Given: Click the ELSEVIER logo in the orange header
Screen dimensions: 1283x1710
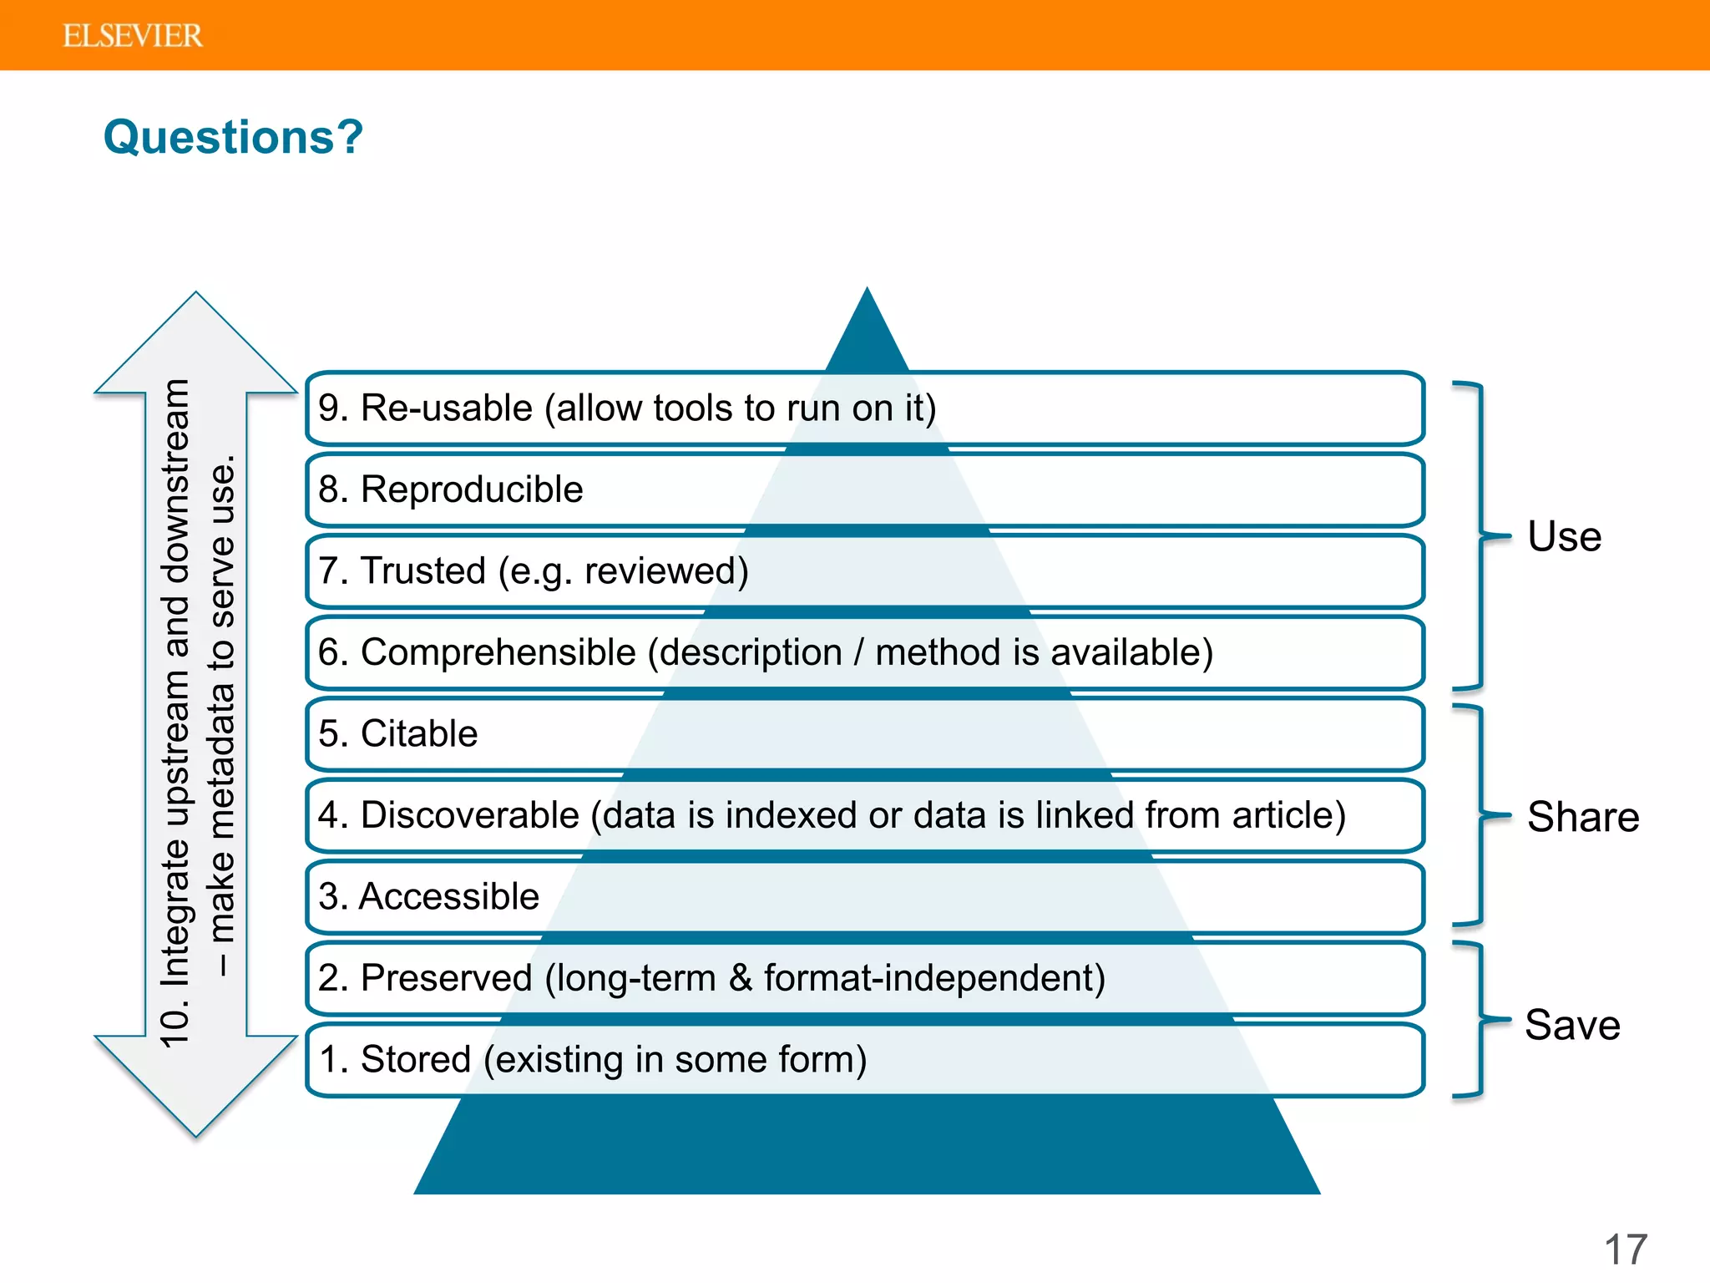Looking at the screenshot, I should point(132,36).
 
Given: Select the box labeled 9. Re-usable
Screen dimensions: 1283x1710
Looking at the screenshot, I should point(864,408).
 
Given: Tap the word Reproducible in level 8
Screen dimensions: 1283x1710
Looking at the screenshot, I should point(472,489).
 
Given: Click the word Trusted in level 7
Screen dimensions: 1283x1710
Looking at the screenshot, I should point(422,571).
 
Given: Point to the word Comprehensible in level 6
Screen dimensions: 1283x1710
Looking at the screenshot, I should point(498,652).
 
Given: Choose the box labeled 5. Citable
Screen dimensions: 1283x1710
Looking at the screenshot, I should point(864,734).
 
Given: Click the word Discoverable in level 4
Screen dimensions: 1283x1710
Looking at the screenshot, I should point(469,815).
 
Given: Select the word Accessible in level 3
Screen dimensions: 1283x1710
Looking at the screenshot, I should point(449,896).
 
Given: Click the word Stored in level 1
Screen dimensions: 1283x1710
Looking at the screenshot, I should point(416,1059).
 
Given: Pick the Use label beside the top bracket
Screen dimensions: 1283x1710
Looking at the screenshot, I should point(1564,536).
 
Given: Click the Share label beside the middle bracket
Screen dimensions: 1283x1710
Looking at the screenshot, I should point(1582,817).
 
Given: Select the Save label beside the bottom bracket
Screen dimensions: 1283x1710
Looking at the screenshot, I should point(1572,1025).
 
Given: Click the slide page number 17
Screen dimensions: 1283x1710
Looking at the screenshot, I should point(1625,1250).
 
